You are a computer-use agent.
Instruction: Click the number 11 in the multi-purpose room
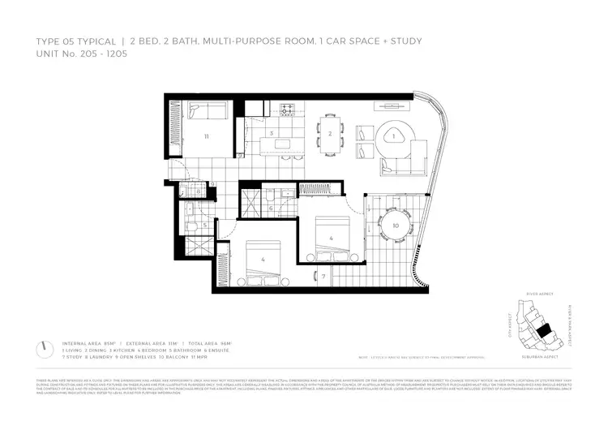[207, 137]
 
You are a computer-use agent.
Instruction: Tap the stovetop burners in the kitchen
[287, 110]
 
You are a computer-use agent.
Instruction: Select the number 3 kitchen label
[272, 133]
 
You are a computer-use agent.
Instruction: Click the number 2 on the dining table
[329, 134]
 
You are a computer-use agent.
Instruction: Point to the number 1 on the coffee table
[394, 137]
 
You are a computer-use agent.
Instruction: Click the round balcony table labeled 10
[395, 225]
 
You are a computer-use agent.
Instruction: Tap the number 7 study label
[323, 277]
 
